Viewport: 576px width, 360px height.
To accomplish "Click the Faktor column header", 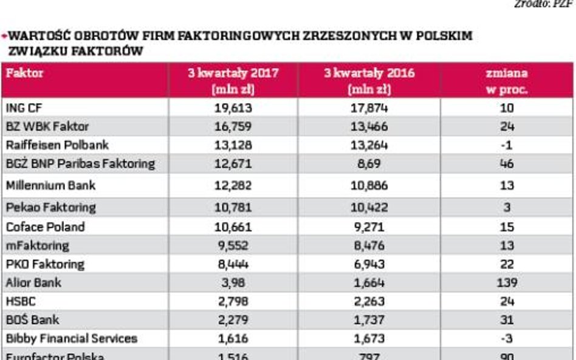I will [x=24, y=74].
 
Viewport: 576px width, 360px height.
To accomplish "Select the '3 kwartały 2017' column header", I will [x=233, y=81].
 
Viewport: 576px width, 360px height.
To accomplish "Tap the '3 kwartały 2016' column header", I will [x=369, y=81].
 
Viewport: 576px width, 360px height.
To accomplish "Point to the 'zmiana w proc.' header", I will [x=507, y=81].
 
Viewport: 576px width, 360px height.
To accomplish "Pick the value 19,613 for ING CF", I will [x=233, y=108].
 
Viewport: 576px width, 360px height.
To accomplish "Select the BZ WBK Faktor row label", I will [x=47, y=127].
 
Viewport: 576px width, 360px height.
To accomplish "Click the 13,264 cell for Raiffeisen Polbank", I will [x=369, y=145].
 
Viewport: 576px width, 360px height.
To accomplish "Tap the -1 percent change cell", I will [x=507, y=145].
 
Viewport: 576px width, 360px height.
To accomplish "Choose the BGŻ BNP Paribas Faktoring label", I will [x=80, y=164].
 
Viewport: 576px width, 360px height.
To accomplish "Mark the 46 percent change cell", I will [x=507, y=164].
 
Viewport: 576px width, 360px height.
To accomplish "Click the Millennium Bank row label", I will [x=50, y=185].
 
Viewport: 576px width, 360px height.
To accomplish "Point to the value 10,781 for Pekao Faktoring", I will [x=233, y=208].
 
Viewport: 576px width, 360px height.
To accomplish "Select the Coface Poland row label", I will [x=45, y=227].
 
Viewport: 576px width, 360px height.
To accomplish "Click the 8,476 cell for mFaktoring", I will [x=369, y=246].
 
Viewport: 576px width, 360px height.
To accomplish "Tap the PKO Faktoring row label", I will [x=45, y=265].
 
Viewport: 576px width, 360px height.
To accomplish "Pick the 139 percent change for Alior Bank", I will [x=507, y=283].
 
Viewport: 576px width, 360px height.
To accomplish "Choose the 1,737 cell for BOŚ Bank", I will [x=369, y=320].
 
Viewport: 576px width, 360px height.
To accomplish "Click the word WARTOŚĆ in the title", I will [x=38, y=36].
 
